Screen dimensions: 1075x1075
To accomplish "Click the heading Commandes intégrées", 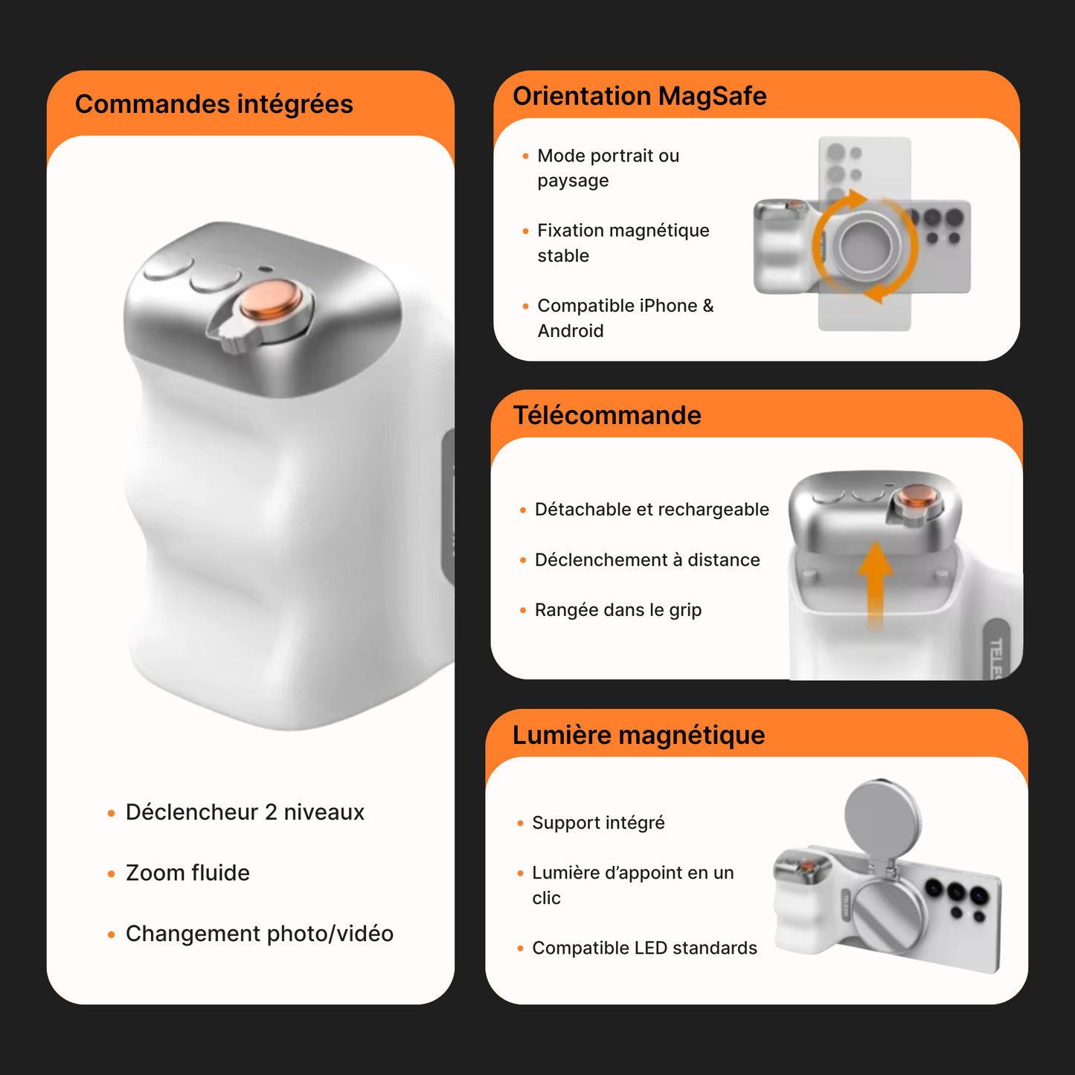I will click(214, 104).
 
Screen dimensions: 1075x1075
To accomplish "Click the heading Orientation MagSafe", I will click(639, 96).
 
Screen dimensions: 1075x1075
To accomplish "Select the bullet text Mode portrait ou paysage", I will click(608, 168).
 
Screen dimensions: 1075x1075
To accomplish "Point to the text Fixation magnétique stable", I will click(623, 243).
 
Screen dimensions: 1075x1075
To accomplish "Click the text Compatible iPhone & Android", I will click(625, 318).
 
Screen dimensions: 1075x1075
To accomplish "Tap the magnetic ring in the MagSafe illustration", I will click(863, 245).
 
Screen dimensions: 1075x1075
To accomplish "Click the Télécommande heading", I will click(606, 415).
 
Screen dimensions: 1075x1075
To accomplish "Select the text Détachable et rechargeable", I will click(652, 510).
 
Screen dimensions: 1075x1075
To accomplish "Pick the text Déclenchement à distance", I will click(647, 560).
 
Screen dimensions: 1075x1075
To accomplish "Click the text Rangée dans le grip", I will click(618, 610).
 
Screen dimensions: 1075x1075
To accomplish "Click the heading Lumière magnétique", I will click(638, 735).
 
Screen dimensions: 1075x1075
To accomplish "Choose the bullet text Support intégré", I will click(598, 823).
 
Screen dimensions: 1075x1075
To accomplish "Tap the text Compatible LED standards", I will click(644, 948).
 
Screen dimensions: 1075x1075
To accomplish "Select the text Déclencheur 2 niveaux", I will click(245, 812).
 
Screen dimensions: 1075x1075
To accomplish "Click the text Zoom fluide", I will click(187, 873).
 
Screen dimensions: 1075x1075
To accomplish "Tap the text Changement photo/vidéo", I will click(260, 934).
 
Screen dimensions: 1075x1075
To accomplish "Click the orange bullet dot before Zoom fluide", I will click(112, 874).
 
